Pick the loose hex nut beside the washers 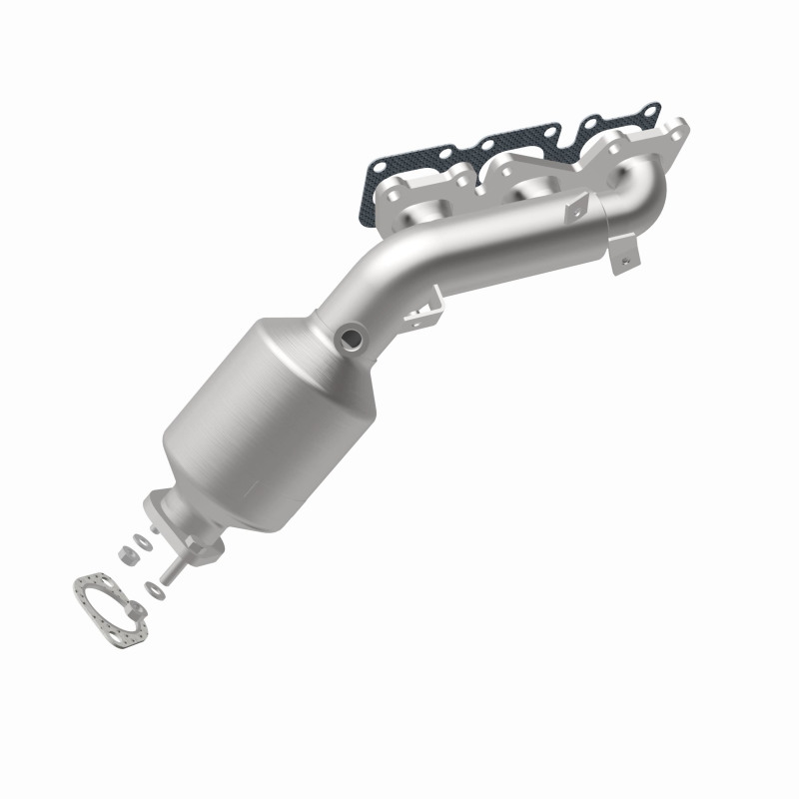129,551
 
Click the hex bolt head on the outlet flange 213,546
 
